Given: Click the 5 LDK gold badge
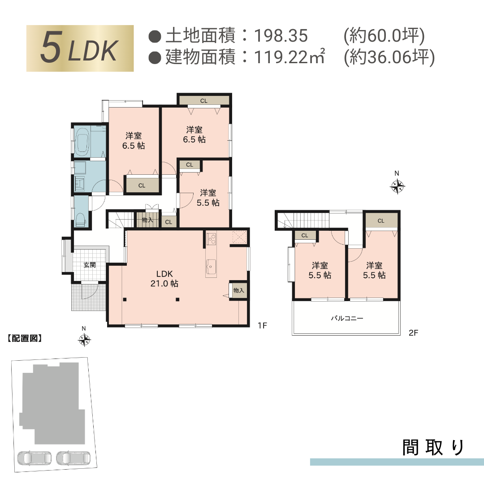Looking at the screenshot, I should coord(80,48).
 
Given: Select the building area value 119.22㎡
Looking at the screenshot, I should coord(289,57).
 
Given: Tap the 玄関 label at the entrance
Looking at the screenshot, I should coord(90,265).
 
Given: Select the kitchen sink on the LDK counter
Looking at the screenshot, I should coord(211,266).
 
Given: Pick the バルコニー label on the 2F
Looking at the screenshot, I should coord(347,319).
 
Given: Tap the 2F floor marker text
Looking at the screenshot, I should coord(413,333).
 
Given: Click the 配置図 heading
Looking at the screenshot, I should coord(25,338).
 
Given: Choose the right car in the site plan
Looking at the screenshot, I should coord(73,458).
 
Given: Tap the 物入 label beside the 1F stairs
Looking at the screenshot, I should coord(147,220).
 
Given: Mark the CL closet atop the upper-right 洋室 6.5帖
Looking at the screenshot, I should coord(204,100).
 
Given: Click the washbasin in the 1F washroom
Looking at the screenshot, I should coord(81,183).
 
